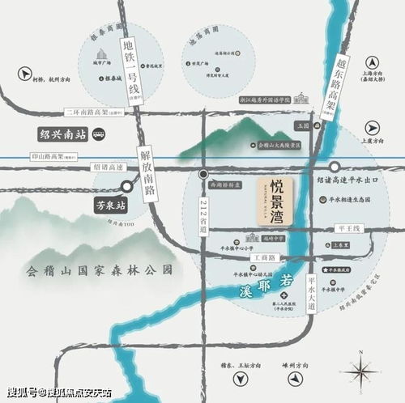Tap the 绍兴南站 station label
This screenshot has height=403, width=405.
pyautogui.click(x=62, y=134)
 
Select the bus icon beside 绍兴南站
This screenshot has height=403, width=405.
pyautogui.click(x=98, y=134)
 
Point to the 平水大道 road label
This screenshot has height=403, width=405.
pyautogui.click(x=311, y=292)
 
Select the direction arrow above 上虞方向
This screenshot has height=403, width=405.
pyautogui.click(x=373, y=126)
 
